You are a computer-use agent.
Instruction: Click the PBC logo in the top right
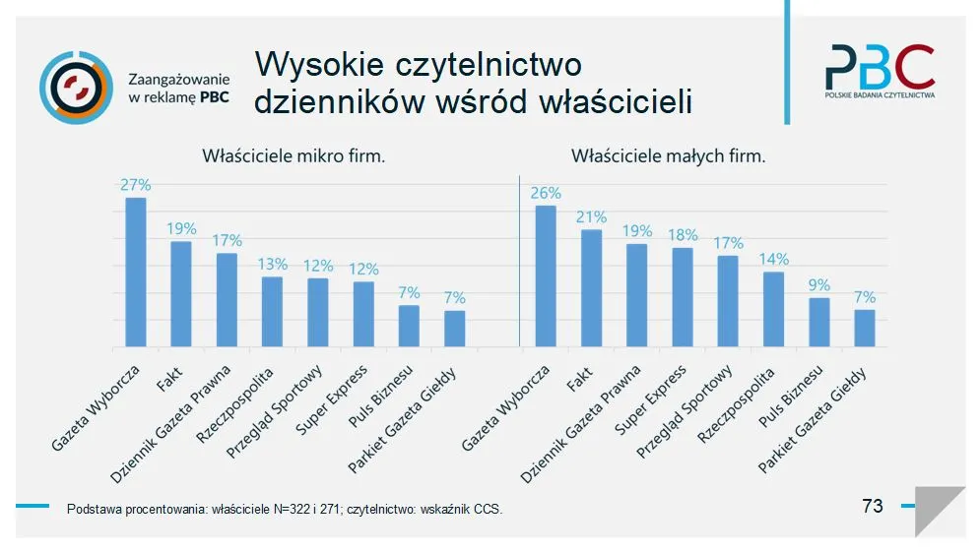[880, 71]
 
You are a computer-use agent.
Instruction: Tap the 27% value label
[135, 185]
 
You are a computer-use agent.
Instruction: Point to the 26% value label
[545, 193]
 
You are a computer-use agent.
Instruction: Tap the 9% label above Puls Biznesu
[818, 285]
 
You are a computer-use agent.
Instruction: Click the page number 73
[872, 506]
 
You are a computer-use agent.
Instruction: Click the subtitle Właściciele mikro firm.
[294, 155]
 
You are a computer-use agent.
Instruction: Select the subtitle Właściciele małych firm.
[668, 155]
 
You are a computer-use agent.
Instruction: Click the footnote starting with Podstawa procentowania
[285, 510]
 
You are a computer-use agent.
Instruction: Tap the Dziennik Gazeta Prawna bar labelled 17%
[227, 299]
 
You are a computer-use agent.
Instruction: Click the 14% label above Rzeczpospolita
[773, 260]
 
